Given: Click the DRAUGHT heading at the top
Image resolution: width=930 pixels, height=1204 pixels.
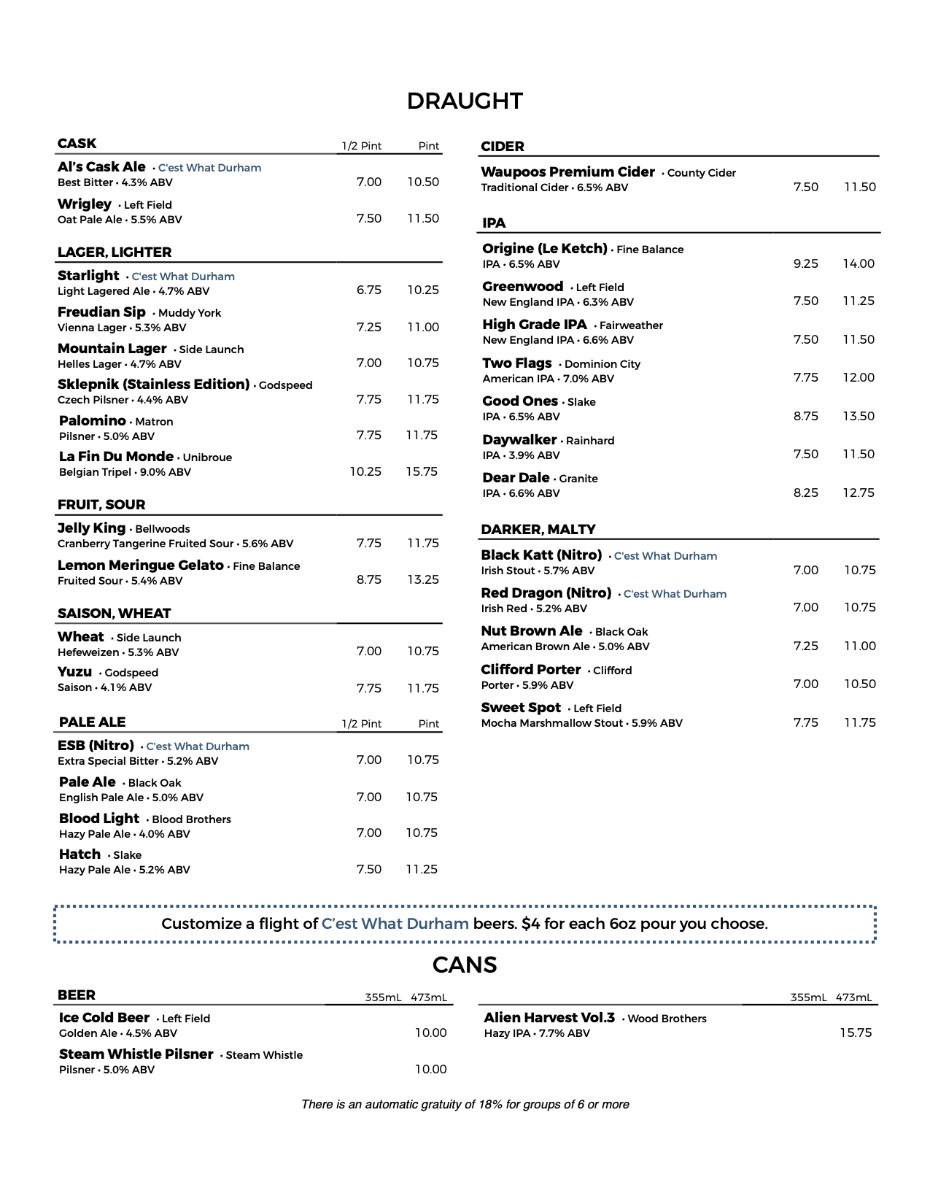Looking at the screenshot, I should click(465, 101).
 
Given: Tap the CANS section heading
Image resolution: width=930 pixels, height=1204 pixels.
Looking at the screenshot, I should click(465, 965).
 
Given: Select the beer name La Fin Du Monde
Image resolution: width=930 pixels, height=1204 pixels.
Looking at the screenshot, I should click(116, 457).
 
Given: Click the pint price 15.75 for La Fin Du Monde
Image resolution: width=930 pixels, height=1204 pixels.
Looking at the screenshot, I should click(422, 471).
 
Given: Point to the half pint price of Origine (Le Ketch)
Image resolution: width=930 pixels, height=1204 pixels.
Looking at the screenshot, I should click(805, 263).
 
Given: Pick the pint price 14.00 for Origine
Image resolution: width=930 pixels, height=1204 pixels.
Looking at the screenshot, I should click(859, 263).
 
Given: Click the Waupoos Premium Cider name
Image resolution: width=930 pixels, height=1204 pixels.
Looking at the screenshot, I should click(567, 172).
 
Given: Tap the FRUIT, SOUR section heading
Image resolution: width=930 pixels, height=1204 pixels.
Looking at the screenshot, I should click(101, 504).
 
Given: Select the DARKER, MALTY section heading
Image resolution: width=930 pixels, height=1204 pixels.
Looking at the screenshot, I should click(538, 529).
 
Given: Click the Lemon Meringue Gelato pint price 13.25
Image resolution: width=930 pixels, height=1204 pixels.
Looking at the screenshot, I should click(423, 579).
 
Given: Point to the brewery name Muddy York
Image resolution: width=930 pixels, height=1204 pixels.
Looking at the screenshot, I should click(190, 313).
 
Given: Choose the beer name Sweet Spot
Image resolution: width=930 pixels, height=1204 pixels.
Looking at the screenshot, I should click(521, 708).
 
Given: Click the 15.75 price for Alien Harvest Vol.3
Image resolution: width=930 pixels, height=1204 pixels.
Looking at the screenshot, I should click(856, 1033).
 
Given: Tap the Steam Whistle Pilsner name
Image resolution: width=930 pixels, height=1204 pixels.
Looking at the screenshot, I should click(136, 1054).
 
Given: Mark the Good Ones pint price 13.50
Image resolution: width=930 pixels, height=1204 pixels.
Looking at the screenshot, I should click(859, 416).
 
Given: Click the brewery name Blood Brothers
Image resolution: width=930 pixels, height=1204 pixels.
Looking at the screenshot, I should click(191, 819).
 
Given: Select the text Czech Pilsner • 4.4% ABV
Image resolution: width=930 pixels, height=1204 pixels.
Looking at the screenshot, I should click(123, 400).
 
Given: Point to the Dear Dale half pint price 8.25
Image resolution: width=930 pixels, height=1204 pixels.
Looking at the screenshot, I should click(805, 493).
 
